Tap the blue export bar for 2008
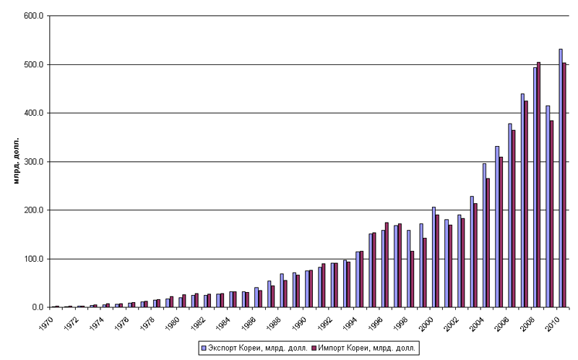pyautogui.click(x=535, y=187)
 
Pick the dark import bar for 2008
pyautogui.click(x=539, y=184)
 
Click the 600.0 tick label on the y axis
pyautogui.click(x=35, y=16)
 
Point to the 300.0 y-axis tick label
pyautogui.click(x=35, y=162)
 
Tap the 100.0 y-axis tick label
pyautogui.click(x=35, y=259)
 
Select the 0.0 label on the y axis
pyautogui.click(x=38, y=307)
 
